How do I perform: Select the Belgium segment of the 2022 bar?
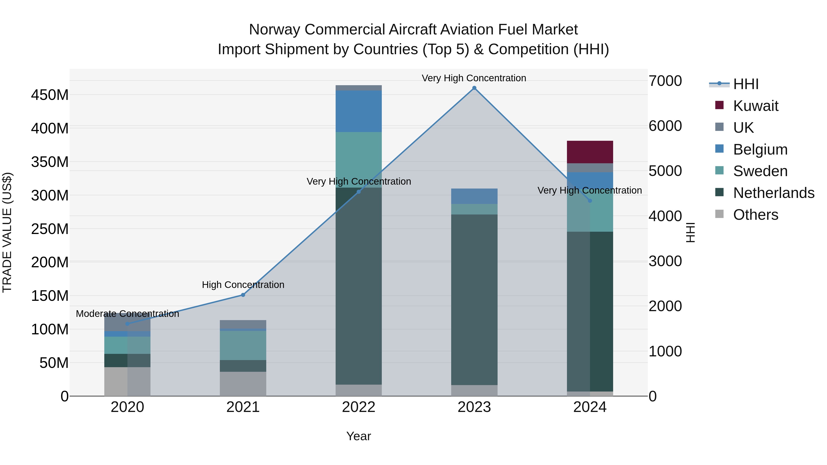[x=359, y=111]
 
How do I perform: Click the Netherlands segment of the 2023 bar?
[x=474, y=299]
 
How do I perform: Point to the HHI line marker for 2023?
[x=474, y=88]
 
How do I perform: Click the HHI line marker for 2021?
[x=243, y=295]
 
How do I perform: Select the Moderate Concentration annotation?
[x=127, y=313]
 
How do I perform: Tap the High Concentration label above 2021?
[x=243, y=285]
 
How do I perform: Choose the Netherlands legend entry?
[x=773, y=193]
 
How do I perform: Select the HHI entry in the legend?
[x=745, y=84]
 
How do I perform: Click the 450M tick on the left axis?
[x=50, y=95]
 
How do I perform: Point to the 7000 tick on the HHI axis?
[x=665, y=81]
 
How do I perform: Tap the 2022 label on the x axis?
[x=359, y=407]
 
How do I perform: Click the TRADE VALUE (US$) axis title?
[x=7, y=232]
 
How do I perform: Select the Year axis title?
[x=359, y=436]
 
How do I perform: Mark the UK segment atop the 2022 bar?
[x=359, y=88]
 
